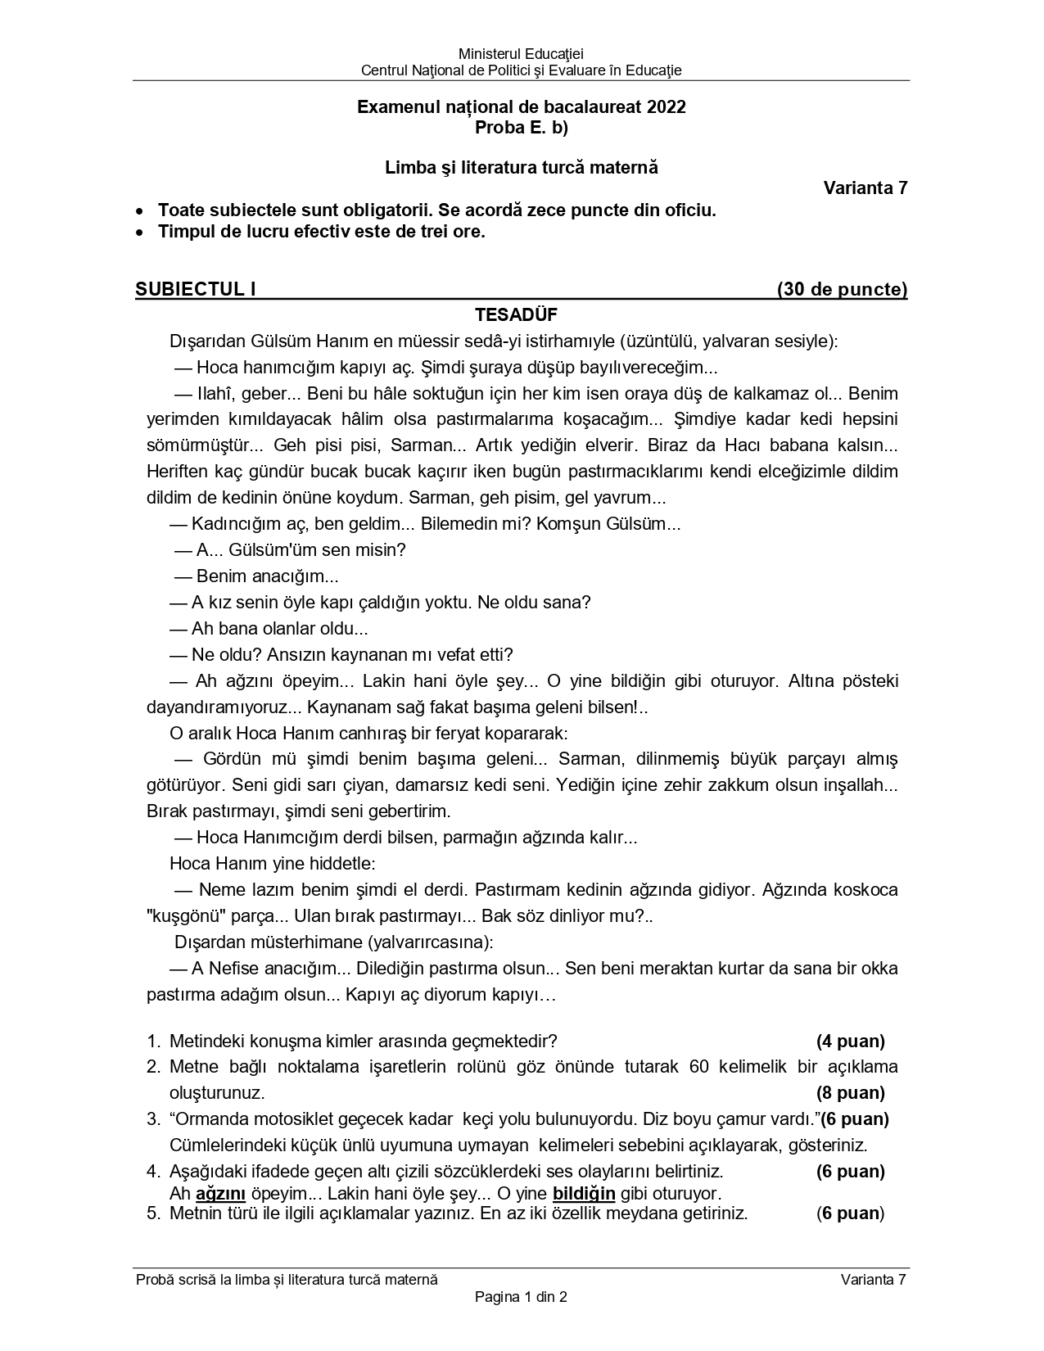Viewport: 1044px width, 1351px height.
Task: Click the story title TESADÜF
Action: [516, 315]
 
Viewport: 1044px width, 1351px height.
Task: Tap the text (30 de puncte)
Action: [842, 289]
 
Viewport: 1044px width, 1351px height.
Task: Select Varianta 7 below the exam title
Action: [865, 188]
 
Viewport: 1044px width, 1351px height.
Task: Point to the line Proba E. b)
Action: [521, 128]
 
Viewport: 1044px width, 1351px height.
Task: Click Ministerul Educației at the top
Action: [521, 54]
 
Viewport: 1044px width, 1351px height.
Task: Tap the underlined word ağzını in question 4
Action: [221, 1193]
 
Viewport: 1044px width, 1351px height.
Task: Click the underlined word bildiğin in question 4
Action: [584, 1193]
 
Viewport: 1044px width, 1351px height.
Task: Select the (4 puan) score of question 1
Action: [850, 1041]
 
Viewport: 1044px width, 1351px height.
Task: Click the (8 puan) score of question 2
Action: [850, 1093]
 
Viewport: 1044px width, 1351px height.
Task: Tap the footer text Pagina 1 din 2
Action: [521, 1296]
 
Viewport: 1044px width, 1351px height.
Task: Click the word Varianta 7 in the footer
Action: [873, 1280]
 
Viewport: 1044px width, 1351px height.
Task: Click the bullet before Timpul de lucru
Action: [142, 233]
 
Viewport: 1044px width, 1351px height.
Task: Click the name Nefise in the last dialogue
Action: [233, 969]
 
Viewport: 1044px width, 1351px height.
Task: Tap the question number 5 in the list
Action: [152, 1213]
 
